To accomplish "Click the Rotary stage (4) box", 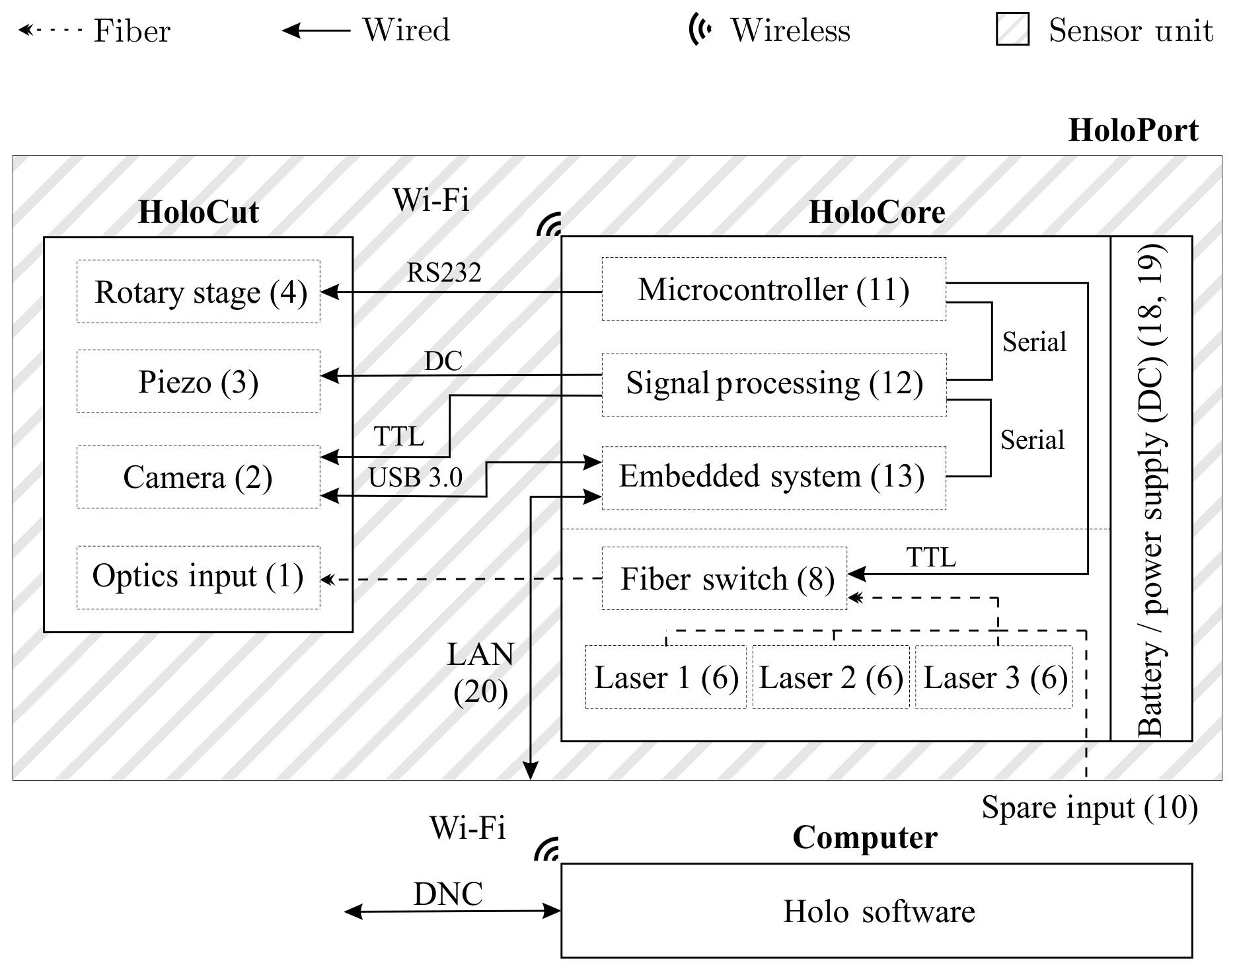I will [198, 291].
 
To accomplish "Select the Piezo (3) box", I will [198, 381].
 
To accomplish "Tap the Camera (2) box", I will [198, 477].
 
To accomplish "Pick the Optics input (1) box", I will [198, 576].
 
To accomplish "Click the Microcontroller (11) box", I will [773, 290].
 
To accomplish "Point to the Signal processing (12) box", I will [773, 384].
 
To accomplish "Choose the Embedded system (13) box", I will [773, 477].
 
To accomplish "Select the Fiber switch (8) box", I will [724, 578].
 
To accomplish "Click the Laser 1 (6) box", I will [665, 678].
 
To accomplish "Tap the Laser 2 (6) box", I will [831, 678].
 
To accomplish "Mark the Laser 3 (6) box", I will [994, 678].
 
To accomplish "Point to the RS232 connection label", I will [443, 272].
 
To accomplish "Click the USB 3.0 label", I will [415, 478].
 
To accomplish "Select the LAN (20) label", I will [480, 673].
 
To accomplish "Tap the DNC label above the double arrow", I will [448, 894].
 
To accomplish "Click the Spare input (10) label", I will [1089, 808].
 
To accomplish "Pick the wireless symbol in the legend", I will [700, 30].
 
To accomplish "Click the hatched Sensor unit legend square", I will [1012, 30].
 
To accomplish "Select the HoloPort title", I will [1133, 130].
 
